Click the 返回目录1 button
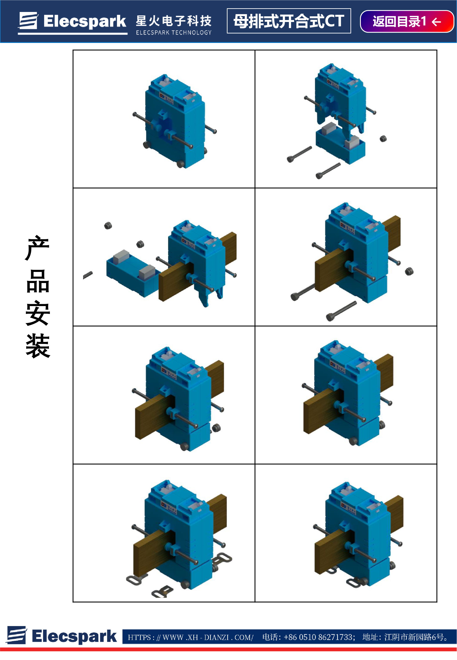407,22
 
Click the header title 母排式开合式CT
289,21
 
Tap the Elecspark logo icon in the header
28,21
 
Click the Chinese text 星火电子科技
174,21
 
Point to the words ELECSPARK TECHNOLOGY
174,32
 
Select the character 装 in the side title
38,346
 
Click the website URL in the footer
190,637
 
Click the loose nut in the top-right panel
383,139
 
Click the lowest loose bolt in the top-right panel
328,171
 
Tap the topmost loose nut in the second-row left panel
108,226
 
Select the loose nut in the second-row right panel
409,271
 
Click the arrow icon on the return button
436,22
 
